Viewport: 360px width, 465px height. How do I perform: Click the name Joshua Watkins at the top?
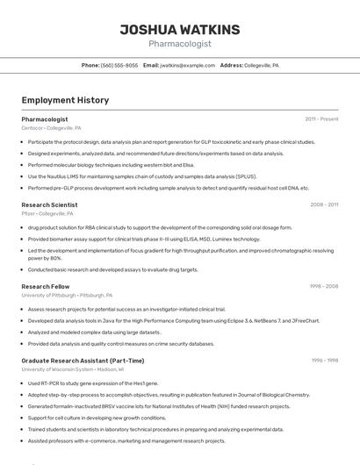tap(179, 29)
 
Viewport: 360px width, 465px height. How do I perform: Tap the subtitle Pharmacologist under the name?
tap(179, 44)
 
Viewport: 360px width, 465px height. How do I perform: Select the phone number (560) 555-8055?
tap(119, 65)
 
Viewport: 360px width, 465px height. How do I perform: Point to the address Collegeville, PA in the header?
tap(262, 65)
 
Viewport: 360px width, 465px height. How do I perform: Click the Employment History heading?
tap(65, 100)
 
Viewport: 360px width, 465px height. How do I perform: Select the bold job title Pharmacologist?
tap(45, 118)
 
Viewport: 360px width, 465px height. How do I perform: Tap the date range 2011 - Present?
tap(321, 118)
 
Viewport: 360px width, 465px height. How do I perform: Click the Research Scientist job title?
tap(49, 204)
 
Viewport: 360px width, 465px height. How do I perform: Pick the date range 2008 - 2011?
tap(324, 204)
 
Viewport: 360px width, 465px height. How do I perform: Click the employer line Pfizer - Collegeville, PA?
tap(47, 213)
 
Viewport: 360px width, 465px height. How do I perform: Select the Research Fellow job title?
tap(46, 286)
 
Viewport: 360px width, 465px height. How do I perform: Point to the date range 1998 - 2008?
tap(324, 286)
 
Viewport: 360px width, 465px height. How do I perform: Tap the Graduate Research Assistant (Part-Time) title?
tap(83, 361)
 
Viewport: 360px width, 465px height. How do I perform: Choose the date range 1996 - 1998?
tap(325, 361)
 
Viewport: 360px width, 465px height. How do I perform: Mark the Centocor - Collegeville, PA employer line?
tap(51, 127)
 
